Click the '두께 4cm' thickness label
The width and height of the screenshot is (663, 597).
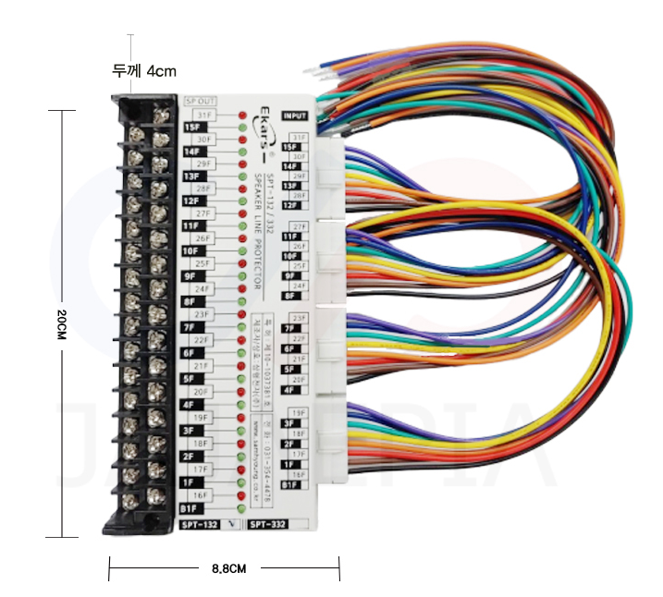click(x=143, y=69)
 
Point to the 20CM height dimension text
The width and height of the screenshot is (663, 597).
click(x=63, y=324)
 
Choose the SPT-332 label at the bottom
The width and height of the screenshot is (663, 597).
click(x=268, y=524)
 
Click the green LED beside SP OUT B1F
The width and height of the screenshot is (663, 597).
click(x=242, y=507)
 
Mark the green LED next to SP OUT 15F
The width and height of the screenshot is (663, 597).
click(x=242, y=128)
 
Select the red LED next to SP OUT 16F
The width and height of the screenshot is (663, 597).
click(x=242, y=494)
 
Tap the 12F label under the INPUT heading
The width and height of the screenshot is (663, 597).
click(x=289, y=205)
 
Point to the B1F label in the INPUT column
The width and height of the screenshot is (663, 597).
click(x=289, y=484)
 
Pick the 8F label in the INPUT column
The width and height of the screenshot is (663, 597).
click(x=289, y=296)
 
